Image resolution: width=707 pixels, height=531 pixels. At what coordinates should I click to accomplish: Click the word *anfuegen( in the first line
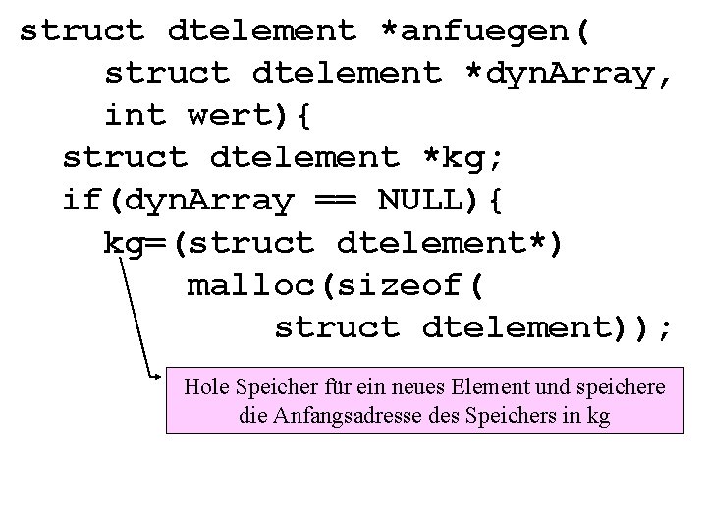[x=486, y=30]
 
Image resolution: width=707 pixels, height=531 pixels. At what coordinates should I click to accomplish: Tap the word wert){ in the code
[x=249, y=116]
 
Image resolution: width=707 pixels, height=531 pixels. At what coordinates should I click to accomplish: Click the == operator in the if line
[x=335, y=200]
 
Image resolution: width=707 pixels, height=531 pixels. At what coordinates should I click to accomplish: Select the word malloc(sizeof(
[x=335, y=285]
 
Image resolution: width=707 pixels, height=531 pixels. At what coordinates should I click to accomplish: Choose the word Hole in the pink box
[x=204, y=387]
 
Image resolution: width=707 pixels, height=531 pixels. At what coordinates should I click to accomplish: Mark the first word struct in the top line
[x=82, y=30]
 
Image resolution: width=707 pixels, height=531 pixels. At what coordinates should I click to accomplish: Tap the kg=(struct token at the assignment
[x=208, y=242]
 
